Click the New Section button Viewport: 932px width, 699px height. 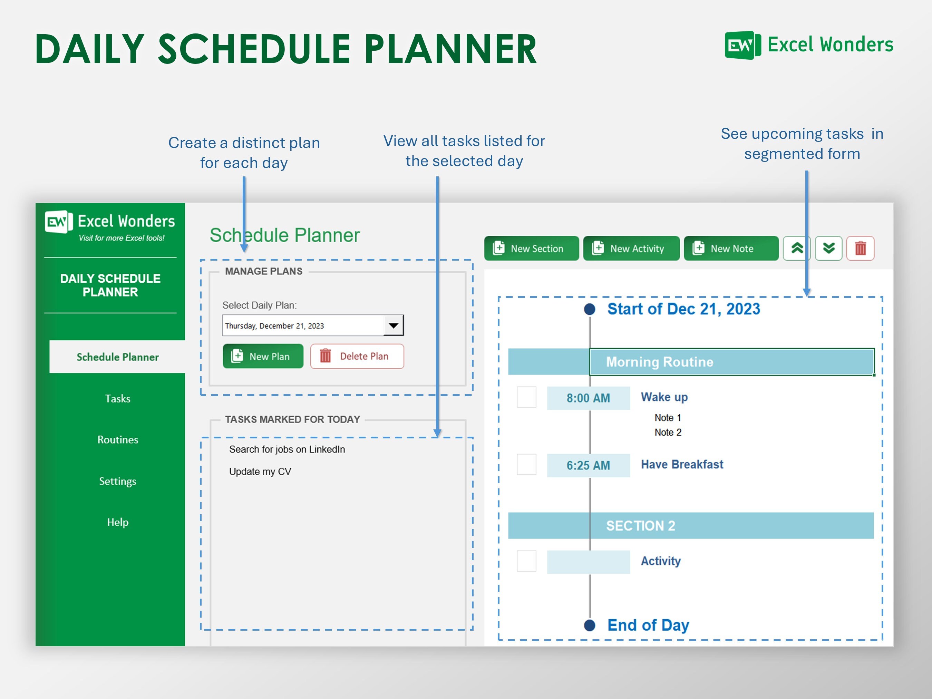(x=531, y=249)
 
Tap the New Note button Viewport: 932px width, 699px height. (x=731, y=249)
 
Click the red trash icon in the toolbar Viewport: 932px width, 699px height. (x=860, y=249)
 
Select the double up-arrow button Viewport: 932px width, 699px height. (x=796, y=249)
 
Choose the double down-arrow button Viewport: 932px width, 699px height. (x=828, y=249)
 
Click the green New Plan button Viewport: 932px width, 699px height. (x=263, y=357)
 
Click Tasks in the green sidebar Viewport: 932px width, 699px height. (x=118, y=399)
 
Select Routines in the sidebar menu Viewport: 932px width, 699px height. (x=118, y=440)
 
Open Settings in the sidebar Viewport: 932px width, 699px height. (x=118, y=481)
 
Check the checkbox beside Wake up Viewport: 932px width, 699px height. (x=526, y=397)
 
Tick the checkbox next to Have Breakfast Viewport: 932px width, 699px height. (x=526, y=465)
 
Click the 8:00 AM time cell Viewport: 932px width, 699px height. (x=588, y=398)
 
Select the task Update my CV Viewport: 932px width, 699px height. (x=260, y=472)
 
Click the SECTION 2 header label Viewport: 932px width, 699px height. (x=640, y=526)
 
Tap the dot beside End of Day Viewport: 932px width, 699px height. (x=590, y=625)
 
